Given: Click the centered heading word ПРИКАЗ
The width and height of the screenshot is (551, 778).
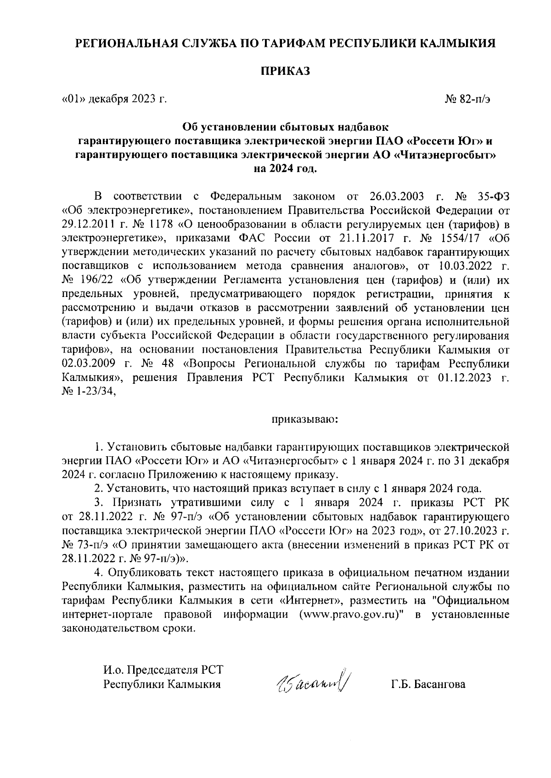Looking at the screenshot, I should point(286,71).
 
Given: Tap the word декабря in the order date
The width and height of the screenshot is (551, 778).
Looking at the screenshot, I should point(108,99).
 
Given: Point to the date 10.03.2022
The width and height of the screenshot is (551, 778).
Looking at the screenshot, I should point(462,266).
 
